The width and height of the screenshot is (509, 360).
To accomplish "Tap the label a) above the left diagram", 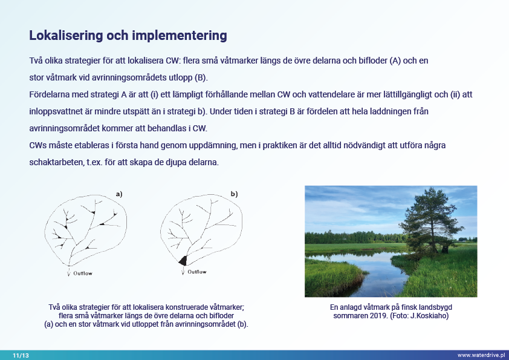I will (119, 194).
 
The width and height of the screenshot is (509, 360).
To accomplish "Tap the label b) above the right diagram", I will (234, 194).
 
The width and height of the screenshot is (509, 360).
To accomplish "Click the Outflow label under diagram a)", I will (83, 273).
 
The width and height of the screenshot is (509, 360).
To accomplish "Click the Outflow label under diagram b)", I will (196, 272).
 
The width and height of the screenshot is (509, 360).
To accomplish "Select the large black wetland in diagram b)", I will (183, 261).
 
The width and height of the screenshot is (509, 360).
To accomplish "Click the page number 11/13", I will (21, 355).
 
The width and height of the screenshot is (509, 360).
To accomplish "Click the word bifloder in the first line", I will (365, 62).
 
